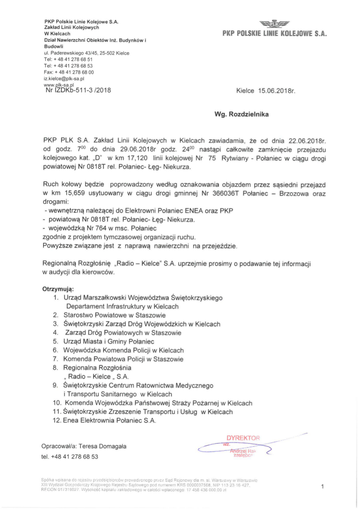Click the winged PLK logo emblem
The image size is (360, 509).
[274, 24]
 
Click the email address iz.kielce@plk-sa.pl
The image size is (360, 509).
[64, 79]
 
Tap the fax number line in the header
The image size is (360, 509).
[69, 72]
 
